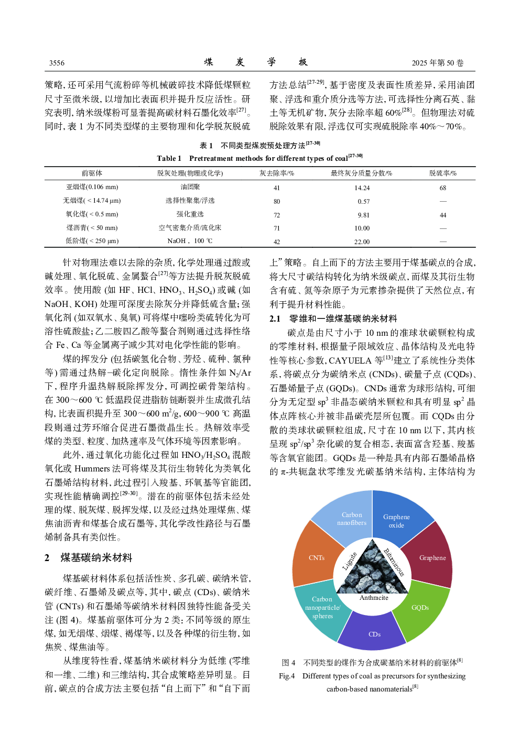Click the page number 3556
click(57, 63)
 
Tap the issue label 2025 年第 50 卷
click(437, 63)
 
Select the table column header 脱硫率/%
click(442, 173)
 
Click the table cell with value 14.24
click(362, 188)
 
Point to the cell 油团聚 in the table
click(190, 187)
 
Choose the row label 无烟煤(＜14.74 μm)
click(92, 201)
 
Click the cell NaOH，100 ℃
click(190, 241)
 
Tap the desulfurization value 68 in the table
click(442, 188)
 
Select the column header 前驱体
click(92, 173)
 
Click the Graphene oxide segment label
click(396, 521)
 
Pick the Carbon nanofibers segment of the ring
click(351, 519)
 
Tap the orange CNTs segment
click(316, 558)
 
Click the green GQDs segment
click(420, 608)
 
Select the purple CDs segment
click(374, 634)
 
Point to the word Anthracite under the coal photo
click(374, 598)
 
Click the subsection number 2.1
click(275, 319)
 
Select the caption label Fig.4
click(287, 676)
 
